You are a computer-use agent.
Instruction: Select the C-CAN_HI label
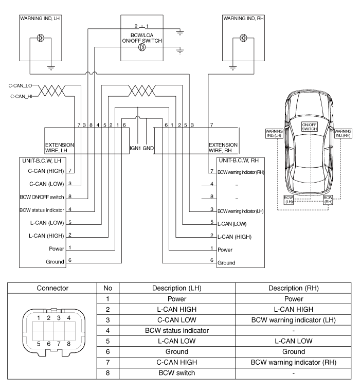(19, 95)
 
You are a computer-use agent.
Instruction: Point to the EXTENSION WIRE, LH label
(60, 148)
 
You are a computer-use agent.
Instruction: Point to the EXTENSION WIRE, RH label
(223, 148)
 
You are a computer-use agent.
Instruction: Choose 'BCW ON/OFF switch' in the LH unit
(41, 197)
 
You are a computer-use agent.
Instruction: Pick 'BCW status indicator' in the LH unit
(41, 210)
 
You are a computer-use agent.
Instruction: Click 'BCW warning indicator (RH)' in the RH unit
(241, 171)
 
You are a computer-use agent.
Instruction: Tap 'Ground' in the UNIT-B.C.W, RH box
(227, 263)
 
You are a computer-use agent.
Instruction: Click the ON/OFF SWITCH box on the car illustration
(309, 127)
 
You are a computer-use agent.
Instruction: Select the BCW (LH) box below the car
(290, 200)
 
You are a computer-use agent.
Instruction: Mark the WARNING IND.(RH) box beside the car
(343, 134)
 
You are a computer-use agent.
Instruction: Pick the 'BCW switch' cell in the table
(177, 372)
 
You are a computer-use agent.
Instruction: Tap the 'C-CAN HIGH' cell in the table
(177, 362)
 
